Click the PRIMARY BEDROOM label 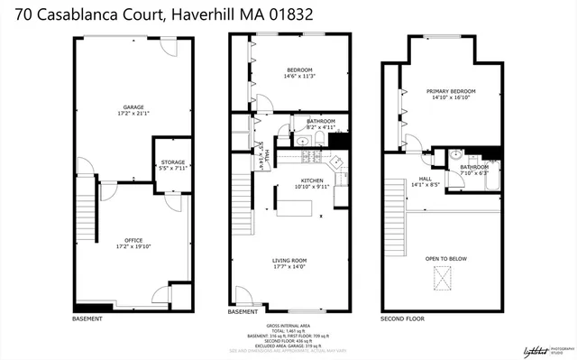click(451, 91)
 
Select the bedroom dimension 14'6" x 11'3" click(299, 77)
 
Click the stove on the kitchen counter click(309, 159)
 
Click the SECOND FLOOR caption click(401, 318)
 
